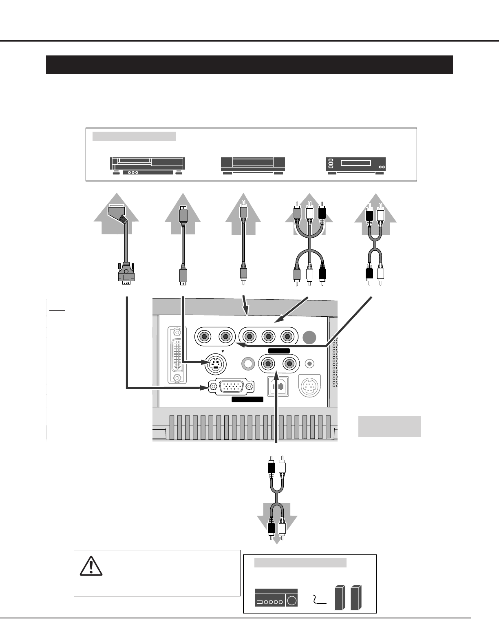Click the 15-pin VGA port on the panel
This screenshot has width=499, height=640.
click(231, 386)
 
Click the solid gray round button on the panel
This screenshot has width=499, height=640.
click(309, 337)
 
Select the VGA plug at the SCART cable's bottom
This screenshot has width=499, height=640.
click(126, 273)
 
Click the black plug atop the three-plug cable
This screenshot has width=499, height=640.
click(322, 212)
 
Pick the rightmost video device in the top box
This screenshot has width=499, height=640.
click(356, 166)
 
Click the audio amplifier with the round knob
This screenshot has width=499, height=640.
click(276, 598)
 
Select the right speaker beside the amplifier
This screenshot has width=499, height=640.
click(356, 598)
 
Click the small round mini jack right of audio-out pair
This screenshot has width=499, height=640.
click(310, 363)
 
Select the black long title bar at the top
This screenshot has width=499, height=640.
click(249, 64)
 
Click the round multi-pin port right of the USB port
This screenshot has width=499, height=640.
click(310, 385)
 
